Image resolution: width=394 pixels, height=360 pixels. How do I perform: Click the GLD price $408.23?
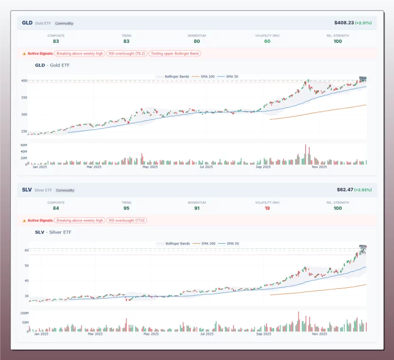point(344,23)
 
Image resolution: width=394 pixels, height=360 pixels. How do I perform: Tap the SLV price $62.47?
point(345,189)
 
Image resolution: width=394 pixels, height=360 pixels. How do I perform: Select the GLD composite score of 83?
point(56,41)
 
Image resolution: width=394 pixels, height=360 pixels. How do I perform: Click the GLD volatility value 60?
point(267,41)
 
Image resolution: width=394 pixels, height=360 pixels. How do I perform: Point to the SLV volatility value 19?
point(267,208)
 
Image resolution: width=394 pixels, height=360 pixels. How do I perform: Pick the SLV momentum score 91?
point(197,208)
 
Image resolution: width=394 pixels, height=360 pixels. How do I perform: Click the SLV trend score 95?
point(126,208)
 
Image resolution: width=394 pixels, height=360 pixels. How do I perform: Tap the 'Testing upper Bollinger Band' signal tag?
point(175,54)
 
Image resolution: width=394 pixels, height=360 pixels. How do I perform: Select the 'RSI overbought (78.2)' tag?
point(127,54)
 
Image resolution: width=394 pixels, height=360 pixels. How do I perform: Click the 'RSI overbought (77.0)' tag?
point(127,220)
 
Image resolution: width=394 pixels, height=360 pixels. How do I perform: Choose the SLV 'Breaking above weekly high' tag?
point(80,220)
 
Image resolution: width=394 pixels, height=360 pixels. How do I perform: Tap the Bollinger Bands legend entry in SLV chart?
point(174,243)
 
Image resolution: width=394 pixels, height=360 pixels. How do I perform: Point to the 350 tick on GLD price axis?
point(24,98)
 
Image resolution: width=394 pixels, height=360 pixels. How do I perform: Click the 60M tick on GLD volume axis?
point(24,144)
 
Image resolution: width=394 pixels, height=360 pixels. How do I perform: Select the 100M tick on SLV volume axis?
point(25,313)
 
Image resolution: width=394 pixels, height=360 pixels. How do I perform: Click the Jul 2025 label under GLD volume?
point(206,167)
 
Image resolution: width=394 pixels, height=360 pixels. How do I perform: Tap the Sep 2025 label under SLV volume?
point(263,334)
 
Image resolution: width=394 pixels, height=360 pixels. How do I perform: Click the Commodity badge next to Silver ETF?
point(65,190)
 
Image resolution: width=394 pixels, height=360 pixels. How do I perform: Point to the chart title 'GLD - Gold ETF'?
point(52,66)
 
